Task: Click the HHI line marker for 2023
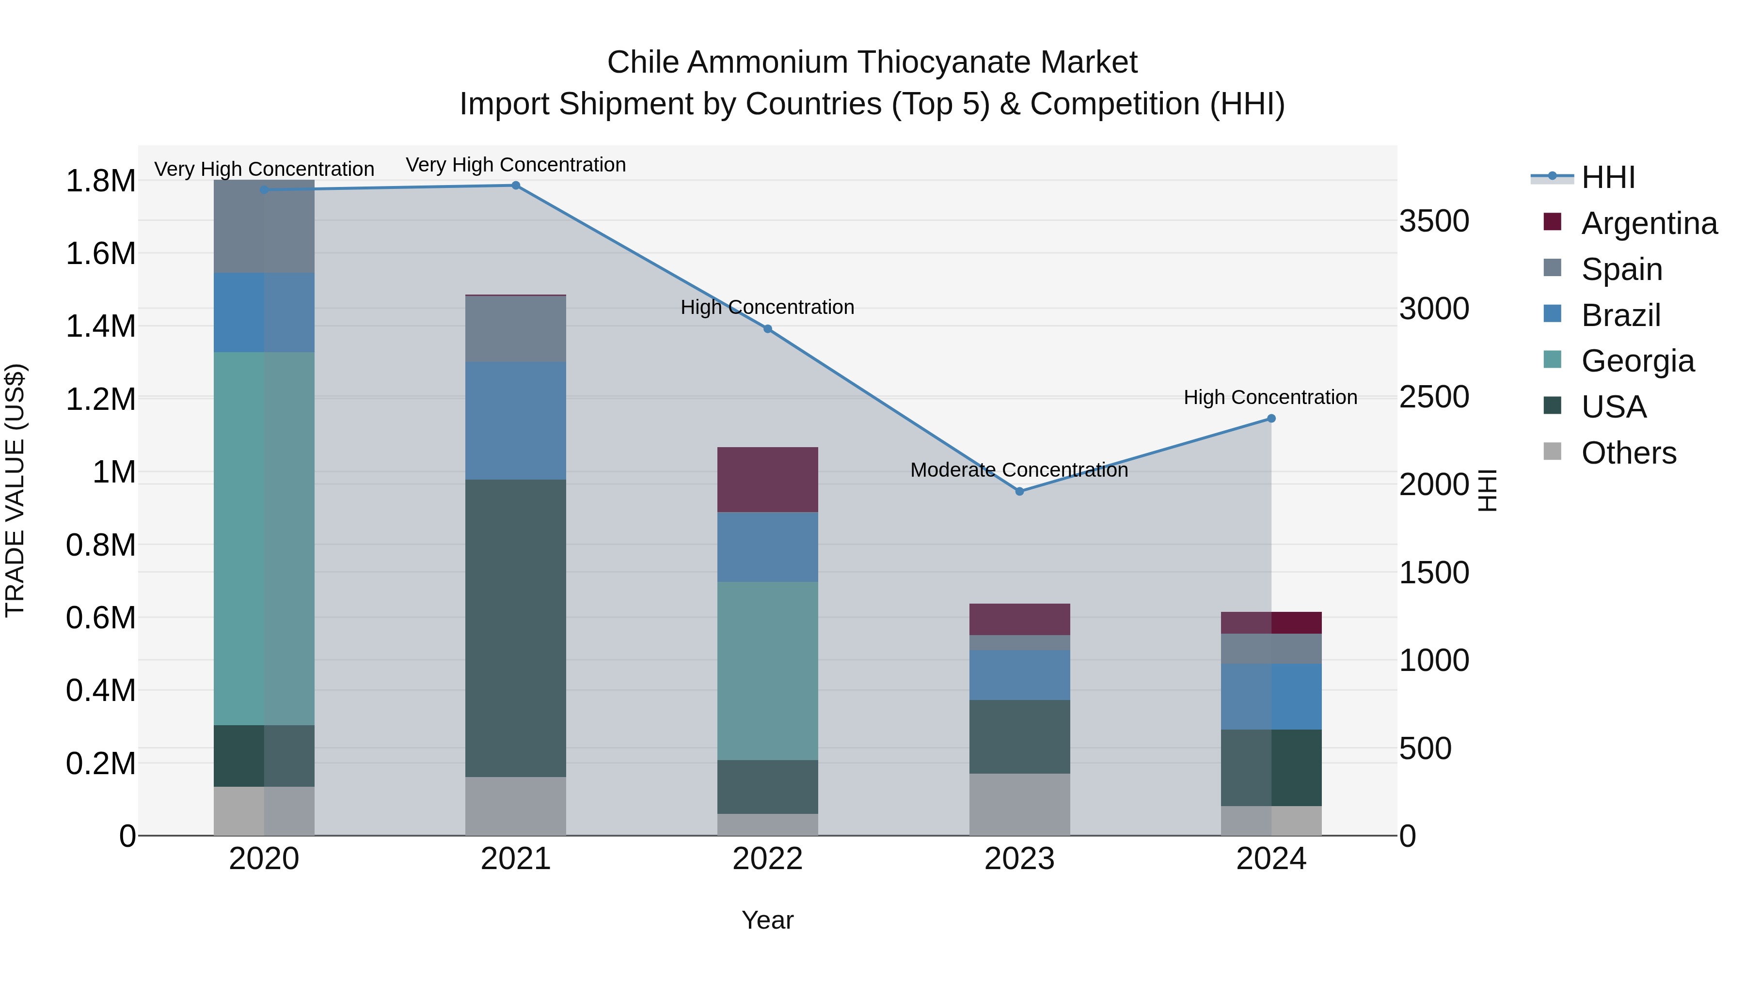1019,492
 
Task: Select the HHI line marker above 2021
516,186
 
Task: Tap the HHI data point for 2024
1271,419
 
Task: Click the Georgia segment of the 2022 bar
767,670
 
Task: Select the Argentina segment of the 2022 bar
767,479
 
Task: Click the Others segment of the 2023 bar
1019,804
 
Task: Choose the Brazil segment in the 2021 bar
516,420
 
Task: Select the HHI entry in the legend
1607,177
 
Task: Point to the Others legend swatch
1552,452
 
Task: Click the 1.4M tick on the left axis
100,327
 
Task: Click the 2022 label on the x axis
767,859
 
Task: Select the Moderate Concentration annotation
1019,470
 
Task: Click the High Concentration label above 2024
1270,397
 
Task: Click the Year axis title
767,920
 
